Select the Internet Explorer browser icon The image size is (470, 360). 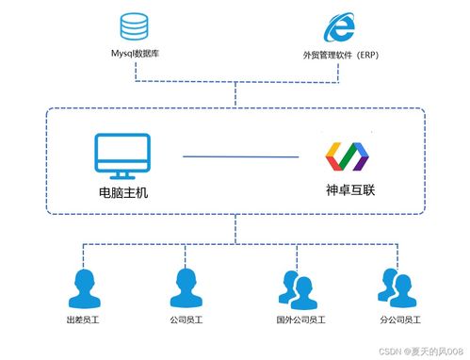click(x=339, y=27)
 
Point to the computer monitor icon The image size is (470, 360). click(x=123, y=155)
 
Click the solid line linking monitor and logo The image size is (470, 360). click(x=233, y=155)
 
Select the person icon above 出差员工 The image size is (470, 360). click(x=82, y=286)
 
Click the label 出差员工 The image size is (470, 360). click(x=82, y=320)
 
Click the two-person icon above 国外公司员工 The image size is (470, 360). click(x=296, y=288)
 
